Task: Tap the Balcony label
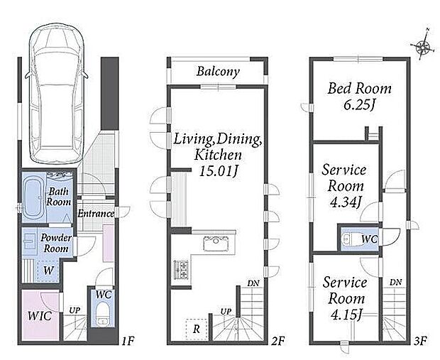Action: pyautogui.click(x=218, y=71)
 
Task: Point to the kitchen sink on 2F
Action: pyautogui.click(x=216, y=243)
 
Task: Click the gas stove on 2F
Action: pyautogui.click(x=181, y=270)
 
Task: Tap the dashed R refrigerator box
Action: pyautogui.click(x=197, y=329)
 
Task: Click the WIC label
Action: pyautogui.click(x=40, y=316)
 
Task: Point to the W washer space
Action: pyautogui.click(x=48, y=271)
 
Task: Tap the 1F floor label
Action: pyautogui.click(x=128, y=342)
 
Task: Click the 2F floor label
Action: pyautogui.click(x=278, y=342)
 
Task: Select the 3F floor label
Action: pyautogui.click(x=420, y=342)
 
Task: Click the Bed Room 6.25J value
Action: pyautogui.click(x=360, y=105)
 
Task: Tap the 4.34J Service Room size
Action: pyautogui.click(x=345, y=202)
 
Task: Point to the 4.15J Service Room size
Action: pyautogui.click(x=346, y=315)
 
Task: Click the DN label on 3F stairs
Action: pyautogui.click(x=395, y=283)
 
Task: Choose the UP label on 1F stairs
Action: pyautogui.click(x=75, y=310)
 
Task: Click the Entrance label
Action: pyautogui.click(x=96, y=214)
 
